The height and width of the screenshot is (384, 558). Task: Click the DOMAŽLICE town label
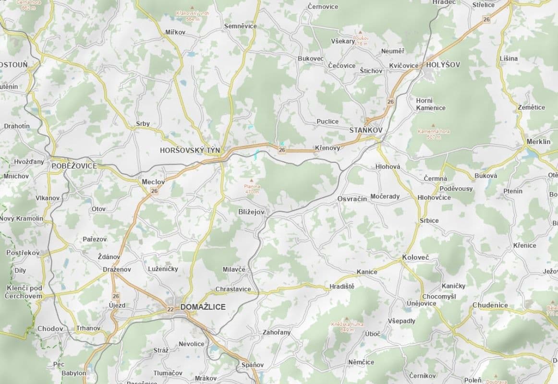pos(203,307)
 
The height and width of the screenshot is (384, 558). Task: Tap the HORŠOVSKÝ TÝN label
pos(190,150)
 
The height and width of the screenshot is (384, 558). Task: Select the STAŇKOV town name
pos(366,130)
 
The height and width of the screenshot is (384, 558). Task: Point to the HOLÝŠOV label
pos(443,64)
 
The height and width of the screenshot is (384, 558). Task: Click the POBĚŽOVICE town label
pos(74,166)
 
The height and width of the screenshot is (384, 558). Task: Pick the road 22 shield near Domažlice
pos(170,309)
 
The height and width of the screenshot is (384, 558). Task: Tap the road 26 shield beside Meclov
pos(154,191)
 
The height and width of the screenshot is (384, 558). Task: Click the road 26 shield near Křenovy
pos(282,150)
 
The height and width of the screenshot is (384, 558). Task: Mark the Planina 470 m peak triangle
pos(252,180)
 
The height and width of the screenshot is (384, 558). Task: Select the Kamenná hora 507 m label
pos(434,134)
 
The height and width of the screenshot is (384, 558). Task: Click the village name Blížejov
pos(252,211)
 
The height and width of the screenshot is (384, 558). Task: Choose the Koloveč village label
pos(415,258)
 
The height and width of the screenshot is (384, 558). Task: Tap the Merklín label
pos(538,142)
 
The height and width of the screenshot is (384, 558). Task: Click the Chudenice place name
pos(490,305)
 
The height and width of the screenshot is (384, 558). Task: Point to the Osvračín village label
pos(352,199)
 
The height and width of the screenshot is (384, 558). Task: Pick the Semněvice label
pos(240,26)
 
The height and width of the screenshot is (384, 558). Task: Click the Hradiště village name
pos(342,287)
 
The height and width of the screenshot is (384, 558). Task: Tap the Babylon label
pos(74,373)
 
